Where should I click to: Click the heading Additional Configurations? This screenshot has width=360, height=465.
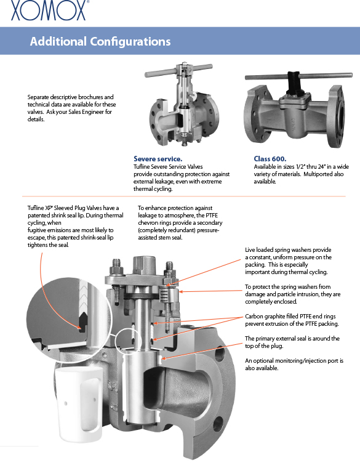coord(100,41)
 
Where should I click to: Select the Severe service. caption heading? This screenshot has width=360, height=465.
coord(158,159)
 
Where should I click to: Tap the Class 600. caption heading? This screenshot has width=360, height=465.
coord(270,159)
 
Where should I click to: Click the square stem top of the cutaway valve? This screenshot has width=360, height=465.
coord(144,265)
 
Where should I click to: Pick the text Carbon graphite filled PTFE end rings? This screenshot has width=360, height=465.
coord(290,317)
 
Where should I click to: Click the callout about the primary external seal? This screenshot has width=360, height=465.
coord(292,342)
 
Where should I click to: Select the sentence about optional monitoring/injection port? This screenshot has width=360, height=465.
coord(294,365)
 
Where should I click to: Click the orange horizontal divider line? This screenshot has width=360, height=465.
coord(184,196)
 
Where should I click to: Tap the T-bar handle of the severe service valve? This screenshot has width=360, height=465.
coord(178,70)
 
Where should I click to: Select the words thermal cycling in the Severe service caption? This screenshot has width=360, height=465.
coord(153,189)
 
